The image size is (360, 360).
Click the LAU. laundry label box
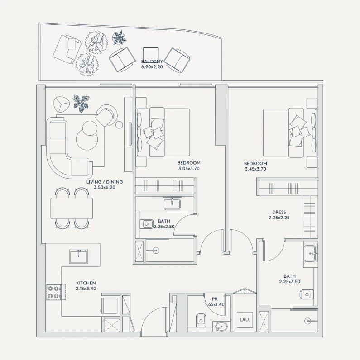tap(245, 320)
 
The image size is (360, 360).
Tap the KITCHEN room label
tap(86, 283)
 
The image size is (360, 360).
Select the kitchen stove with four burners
tap(54, 292)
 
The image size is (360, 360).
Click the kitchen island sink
tap(79, 256)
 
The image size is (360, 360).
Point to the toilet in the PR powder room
tap(201, 320)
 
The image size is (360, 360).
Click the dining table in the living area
tap(72, 208)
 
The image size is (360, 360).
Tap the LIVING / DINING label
tap(105, 182)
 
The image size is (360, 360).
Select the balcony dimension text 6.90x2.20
tap(152, 67)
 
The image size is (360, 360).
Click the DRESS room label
tap(279, 212)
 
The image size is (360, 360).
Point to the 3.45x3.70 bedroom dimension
tap(255, 169)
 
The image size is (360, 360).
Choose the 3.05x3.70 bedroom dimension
tap(189, 169)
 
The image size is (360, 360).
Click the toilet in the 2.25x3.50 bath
tap(307, 294)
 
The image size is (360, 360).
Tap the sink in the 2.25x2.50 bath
tap(172, 204)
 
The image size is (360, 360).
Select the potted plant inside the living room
tap(82, 103)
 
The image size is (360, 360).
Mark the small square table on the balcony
tap(151, 55)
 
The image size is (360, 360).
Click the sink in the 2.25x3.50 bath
tap(310, 254)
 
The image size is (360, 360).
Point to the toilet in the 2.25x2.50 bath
tap(147, 224)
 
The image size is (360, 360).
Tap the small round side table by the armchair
tap(119, 125)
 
